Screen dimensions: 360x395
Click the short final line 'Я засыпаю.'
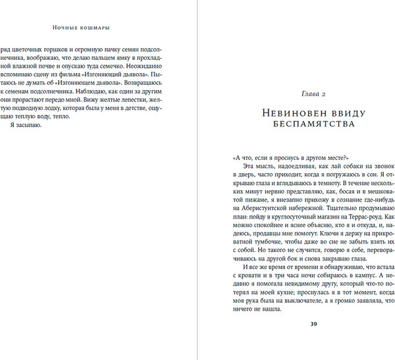tap(26, 124)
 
